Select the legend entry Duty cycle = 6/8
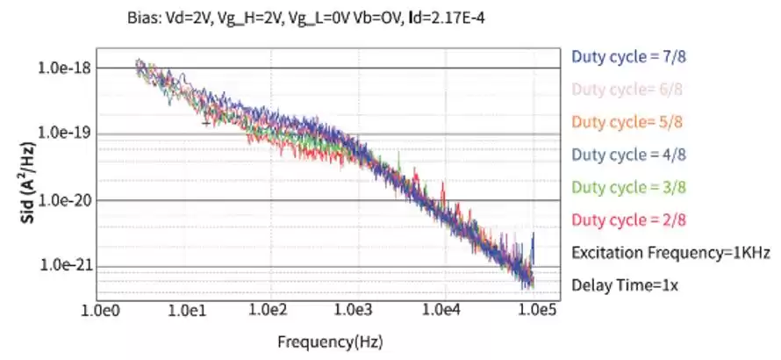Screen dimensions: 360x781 pyautogui.click(x=628, y=89)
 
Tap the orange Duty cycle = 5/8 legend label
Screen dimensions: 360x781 pyautogui.click(x=628, y=121)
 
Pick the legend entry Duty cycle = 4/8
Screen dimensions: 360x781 pyautogui.click(x=628, y=154)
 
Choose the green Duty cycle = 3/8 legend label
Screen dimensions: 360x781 pyautogui.click(x=628, y=186)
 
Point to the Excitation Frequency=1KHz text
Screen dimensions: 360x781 pyautogui.click(x=670, y=253)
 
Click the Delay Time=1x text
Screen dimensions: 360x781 pyautogui.click(x=625, y=284)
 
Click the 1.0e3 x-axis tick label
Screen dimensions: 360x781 pyautogui.click(x=355, y=309)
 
